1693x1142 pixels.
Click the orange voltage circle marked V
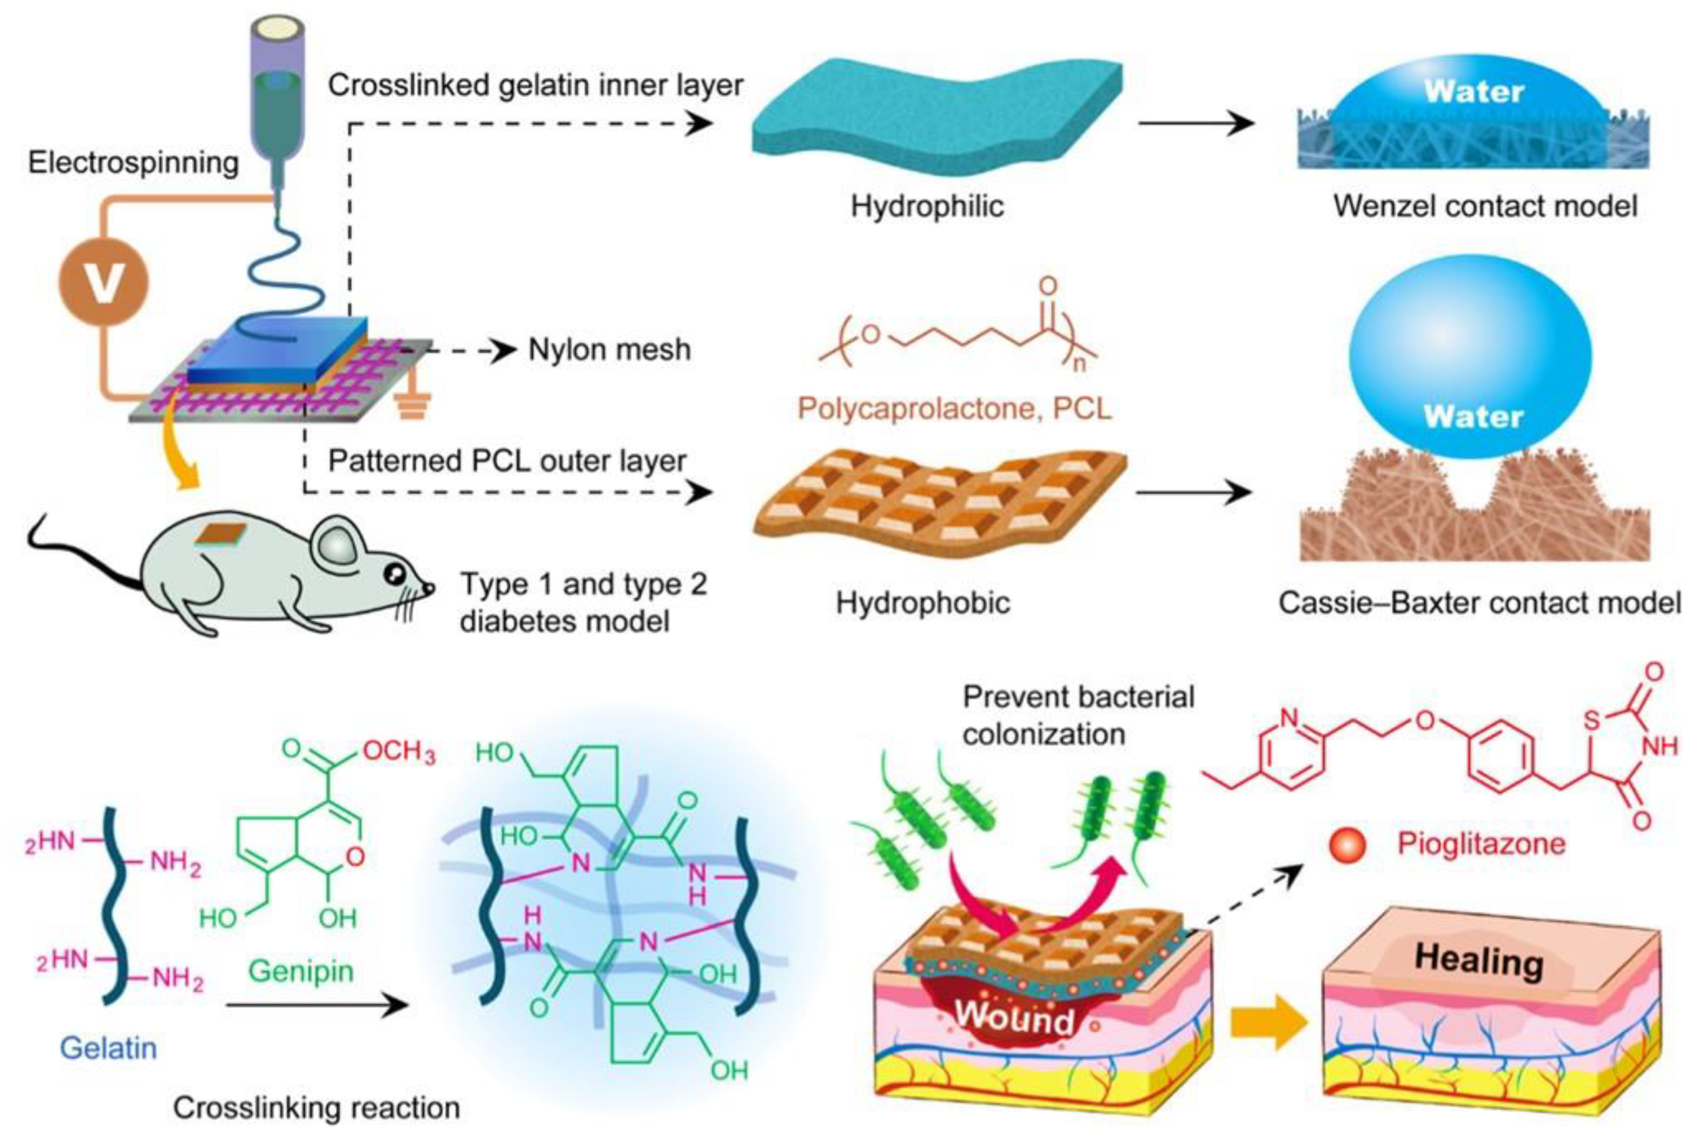click(x=103, y=282)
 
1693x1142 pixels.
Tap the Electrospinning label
click(x=133, y=162)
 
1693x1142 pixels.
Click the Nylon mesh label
click(x=609, y=350)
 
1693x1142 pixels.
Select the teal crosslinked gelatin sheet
click(x=936, y=117)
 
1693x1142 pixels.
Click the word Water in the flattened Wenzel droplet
click(x=1473, y=93)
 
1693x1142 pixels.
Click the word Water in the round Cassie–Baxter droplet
click(x=1472, y=418)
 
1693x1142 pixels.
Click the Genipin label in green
click(x=301, y=971)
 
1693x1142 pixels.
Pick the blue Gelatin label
click(x=107, y=1048)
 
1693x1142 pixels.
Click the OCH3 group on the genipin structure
click(x=398, y=750)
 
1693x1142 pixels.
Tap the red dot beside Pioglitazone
click(x=1346, y=845)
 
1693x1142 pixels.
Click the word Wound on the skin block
click(x=1014, y=1016)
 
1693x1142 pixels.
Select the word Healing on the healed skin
click(x=1478, y=960)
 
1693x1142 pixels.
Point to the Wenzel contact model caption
click(x=1485, y=206)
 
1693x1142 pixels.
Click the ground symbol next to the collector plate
click(x=411, y=404)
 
